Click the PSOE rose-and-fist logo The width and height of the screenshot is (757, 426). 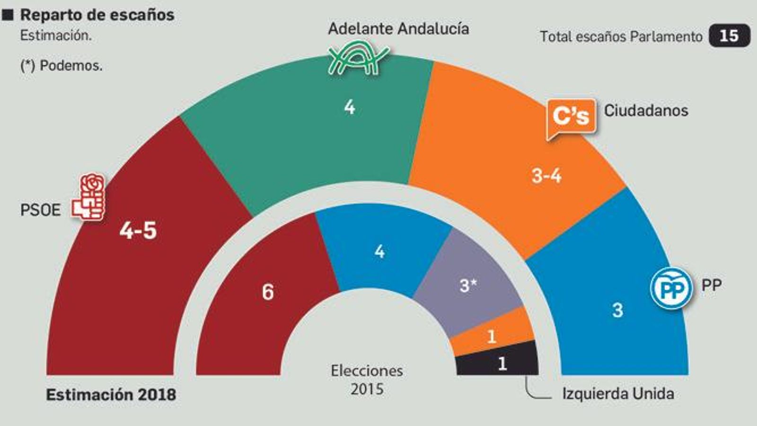click(x=88, y=197)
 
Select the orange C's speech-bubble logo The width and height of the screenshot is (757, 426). click(x=571, y=117)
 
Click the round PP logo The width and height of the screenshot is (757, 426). click(x=671, y=288)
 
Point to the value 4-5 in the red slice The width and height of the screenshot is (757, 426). click(x=138, y=231)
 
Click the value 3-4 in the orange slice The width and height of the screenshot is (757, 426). click(x=546, y=176)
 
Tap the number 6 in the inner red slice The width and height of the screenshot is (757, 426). click(x=268, y=292)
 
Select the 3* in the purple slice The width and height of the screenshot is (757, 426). click(x=468, y=285)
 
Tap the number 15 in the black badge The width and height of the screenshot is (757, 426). click(x=729, y=36)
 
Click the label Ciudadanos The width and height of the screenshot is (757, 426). click(x=646, y=111)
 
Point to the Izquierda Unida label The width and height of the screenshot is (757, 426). click(x=618, y=394)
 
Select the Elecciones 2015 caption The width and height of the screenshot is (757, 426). click(x=367, y=380)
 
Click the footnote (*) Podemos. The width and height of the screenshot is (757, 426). click(x=62, y=65)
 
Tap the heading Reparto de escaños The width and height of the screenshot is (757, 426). click(x=97, y=15)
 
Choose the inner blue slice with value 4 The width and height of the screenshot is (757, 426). click(x=379, y=251)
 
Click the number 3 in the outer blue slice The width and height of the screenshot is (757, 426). click(x=617, y=310)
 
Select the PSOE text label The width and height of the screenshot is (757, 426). click(x=40, y=210)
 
